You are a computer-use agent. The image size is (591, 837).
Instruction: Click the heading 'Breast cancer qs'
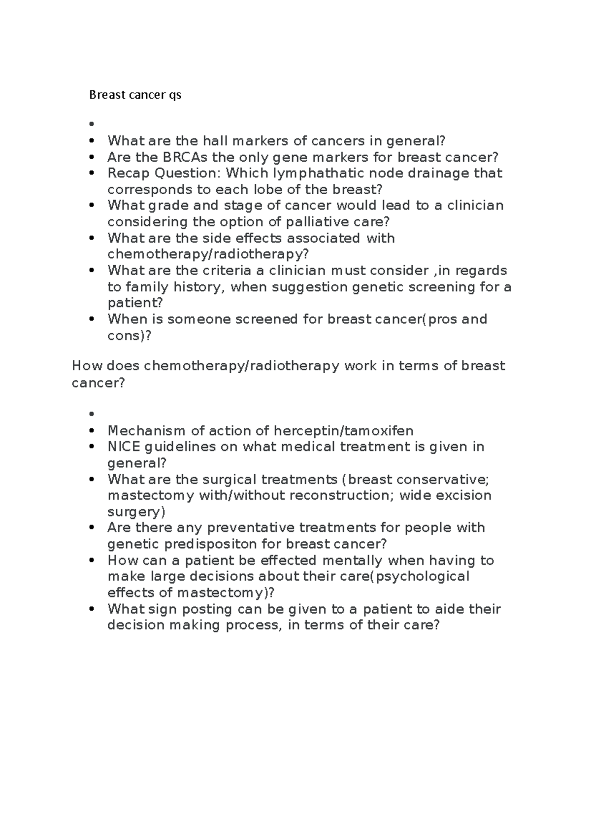click(x=135, y=95)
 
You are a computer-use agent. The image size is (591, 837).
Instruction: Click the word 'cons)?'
click(x=130, y=336)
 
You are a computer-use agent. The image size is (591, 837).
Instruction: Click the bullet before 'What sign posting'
click(x=92, y=609)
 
